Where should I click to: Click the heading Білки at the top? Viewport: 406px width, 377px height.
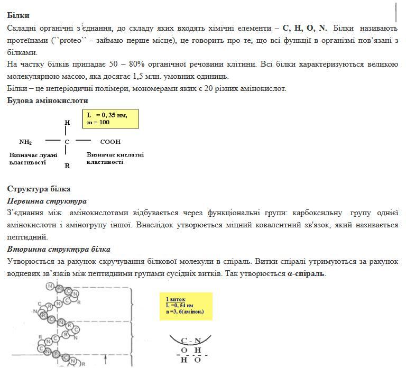pos(18,16)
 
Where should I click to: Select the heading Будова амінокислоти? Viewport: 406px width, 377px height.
pos(48,100)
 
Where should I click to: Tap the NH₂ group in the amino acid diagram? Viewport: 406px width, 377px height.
pos(25,142)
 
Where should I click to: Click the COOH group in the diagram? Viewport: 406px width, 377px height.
pos(110,142)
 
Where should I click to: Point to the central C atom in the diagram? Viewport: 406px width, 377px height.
pos(67,142)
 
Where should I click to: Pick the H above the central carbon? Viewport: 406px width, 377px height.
pos(67,123)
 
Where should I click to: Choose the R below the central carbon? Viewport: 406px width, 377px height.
pos(67,165)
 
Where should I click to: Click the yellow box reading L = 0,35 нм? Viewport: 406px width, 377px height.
pos(110,118)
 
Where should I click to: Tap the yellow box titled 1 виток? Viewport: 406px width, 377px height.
pos(186,306)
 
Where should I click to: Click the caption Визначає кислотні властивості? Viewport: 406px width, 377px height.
pos(115,158)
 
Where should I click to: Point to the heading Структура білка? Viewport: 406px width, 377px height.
pos(39,189)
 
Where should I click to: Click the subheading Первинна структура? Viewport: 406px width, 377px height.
pos(47,201)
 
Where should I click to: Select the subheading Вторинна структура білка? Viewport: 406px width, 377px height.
pos(59,249)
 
